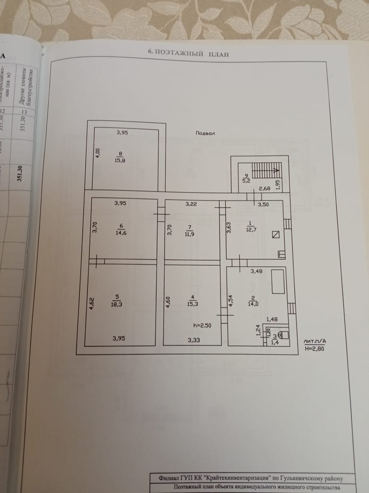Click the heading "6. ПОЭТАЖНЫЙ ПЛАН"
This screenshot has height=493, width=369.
click(x=188, y=54)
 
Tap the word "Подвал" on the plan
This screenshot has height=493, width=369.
click(x=205, y=133)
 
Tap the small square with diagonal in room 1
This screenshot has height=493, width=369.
click(x=275, y=235)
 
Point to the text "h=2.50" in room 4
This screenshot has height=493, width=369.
click(x=202, y=326)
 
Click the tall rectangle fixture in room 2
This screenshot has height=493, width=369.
click(x=277, y=281)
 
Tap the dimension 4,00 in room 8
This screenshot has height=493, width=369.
click(x=97, y=153)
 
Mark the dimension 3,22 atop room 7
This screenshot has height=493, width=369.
click(x=191, y=204)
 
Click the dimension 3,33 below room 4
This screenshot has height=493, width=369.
click(x=193, y=339)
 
